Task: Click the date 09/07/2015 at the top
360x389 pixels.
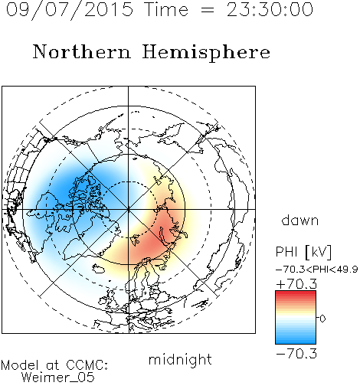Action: point(70,9)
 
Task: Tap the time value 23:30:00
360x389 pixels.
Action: point(270,9)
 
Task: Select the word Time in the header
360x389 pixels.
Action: point(166,9)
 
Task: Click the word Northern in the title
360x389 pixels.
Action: point(81,51)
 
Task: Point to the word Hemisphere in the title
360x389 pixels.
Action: point(206,53)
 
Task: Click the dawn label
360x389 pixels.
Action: point(300,220)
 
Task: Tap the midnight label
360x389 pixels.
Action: point(180,359)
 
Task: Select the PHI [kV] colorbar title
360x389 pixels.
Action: point(303,252)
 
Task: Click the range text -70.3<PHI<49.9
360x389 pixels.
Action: point(317,270)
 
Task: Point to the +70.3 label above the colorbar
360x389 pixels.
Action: point(296,284)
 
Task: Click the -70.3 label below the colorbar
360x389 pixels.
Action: point(296,354)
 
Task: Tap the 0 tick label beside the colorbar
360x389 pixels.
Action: point(322,319)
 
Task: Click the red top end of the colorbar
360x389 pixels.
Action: point(296,293)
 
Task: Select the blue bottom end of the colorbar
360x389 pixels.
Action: point(296,342)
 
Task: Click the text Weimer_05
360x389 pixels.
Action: point(58,378)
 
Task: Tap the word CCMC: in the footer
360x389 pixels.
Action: point(87,365)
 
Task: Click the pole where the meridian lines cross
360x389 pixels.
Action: point(129,209)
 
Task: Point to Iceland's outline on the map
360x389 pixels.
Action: point(98,269)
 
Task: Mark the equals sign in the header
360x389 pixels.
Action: point(208,10)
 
